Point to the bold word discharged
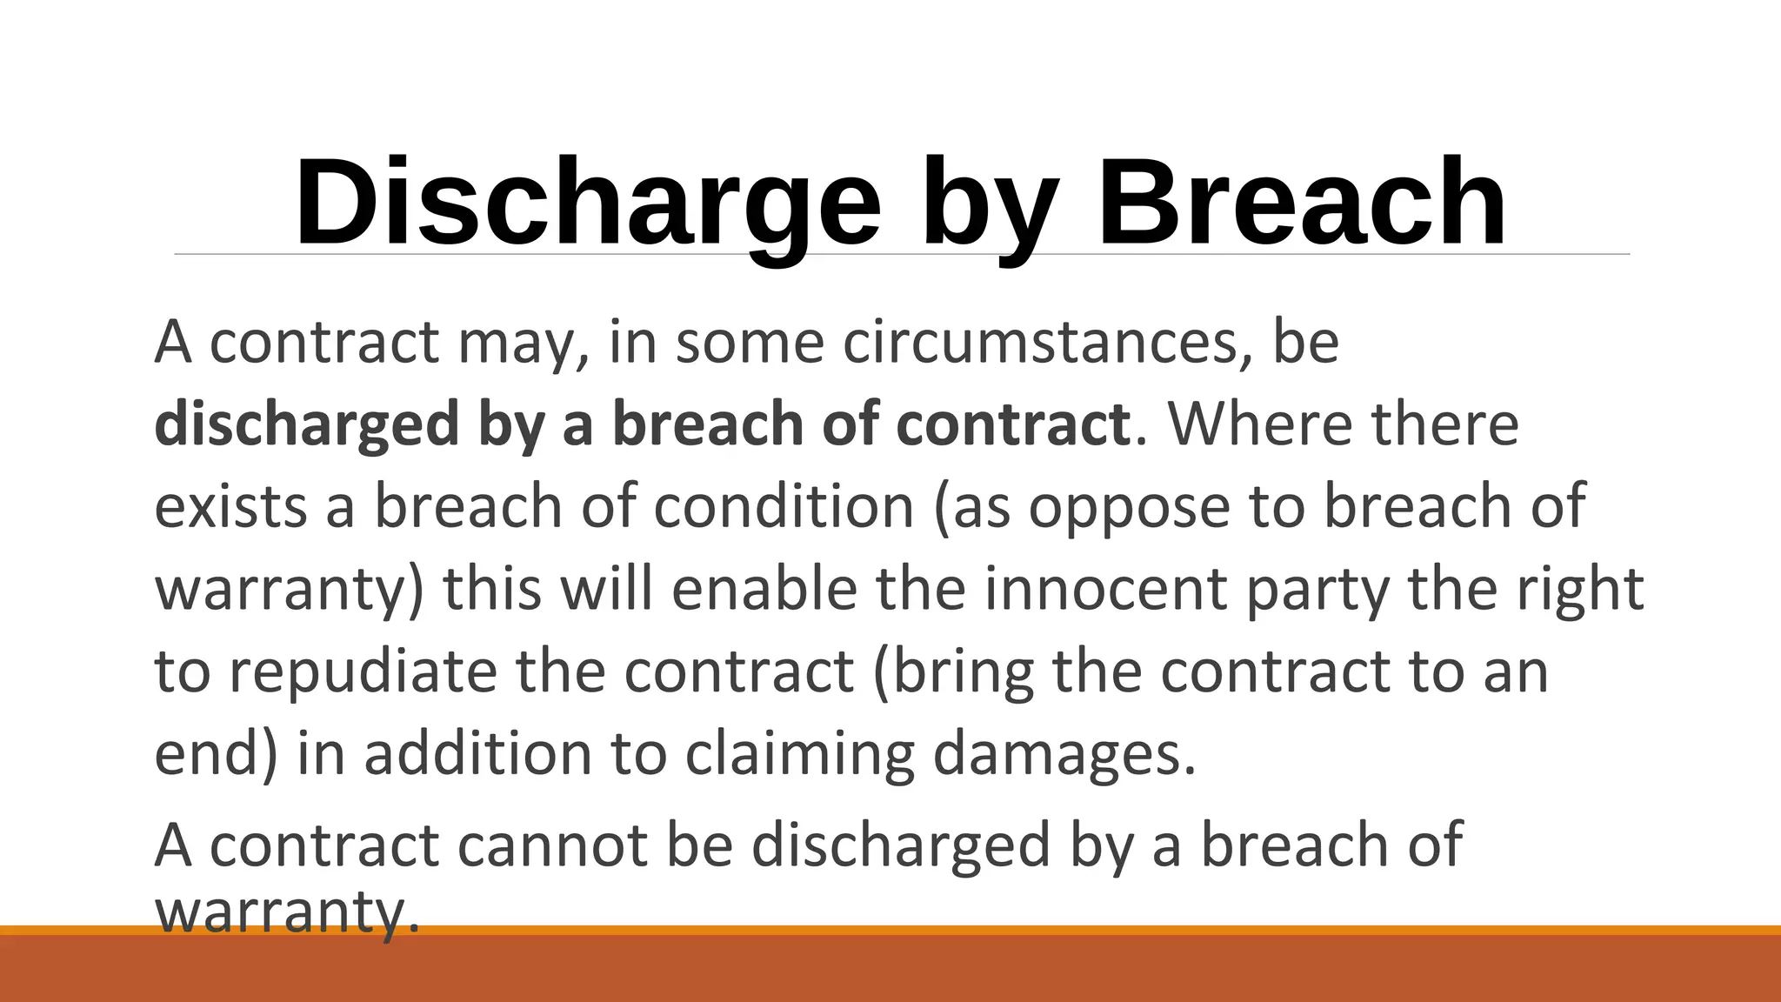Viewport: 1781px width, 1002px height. (307, 424)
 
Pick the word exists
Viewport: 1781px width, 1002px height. (230, 506)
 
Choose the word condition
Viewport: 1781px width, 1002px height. (784, 506)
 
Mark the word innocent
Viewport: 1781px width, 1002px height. (1105, 589)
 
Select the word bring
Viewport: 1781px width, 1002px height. (953, 671)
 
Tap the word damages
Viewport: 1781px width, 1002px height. (1064, 753)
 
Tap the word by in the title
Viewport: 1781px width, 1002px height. (989, 205)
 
